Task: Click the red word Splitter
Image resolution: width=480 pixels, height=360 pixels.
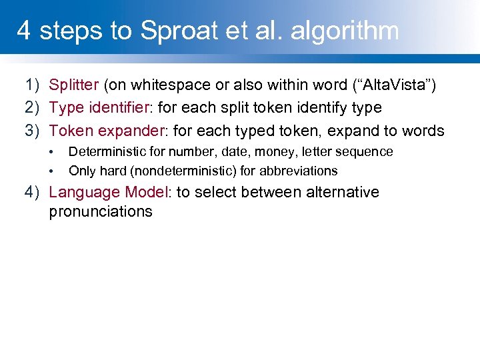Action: (x=74, y=85)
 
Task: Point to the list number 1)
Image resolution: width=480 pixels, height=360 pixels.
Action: (x=33, y=85)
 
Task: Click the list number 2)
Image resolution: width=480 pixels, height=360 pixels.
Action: (x=33, y=107)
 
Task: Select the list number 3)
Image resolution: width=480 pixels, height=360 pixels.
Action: (x=33, y=130)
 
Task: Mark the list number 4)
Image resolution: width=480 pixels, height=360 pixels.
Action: (x=33, y=192)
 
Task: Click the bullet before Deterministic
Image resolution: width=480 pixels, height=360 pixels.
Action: (x=52, y=152)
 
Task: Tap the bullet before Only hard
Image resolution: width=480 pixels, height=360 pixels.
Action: (x=52, y=171)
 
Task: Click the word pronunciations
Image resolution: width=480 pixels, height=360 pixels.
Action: (x=101, y=212)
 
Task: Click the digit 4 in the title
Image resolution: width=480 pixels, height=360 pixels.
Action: (x=23, y=31)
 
